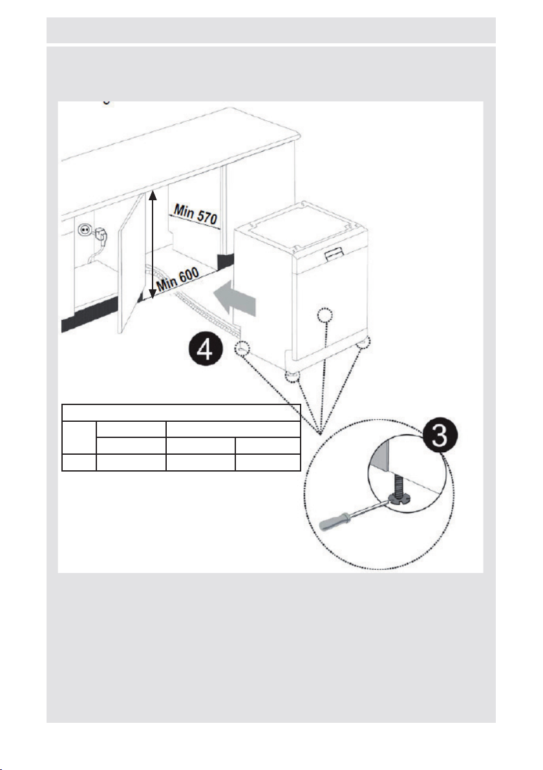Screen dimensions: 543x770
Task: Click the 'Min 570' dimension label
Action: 196,214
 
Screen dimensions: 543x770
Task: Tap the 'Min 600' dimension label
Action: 177,279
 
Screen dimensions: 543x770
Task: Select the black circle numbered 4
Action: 206,351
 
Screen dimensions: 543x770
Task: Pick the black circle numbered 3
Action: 440,436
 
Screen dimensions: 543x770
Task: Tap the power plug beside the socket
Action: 101,236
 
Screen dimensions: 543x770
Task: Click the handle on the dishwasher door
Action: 334,253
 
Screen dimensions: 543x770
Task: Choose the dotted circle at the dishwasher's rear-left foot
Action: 242,348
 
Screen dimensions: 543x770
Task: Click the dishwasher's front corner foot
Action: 292,377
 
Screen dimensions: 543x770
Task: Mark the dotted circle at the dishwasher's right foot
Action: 363,342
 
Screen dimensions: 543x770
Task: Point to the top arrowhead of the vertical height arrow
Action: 153,195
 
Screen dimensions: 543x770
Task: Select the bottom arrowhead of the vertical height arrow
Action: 153,294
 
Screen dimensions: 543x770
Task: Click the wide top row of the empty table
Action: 181,413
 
